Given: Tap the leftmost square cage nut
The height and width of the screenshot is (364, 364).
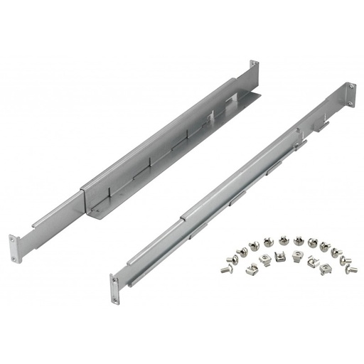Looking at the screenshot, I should coord(252,269).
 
